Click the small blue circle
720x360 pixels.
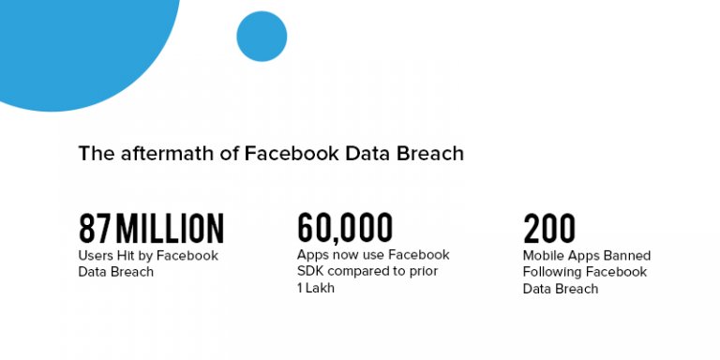point(262,37)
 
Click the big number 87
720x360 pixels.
point(95,229)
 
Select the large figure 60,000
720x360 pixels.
point(345,228)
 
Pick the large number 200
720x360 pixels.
point(549,229)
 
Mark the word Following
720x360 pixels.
point(552,272)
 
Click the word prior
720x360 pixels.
point(423,271)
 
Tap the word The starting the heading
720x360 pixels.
point(95,153)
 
